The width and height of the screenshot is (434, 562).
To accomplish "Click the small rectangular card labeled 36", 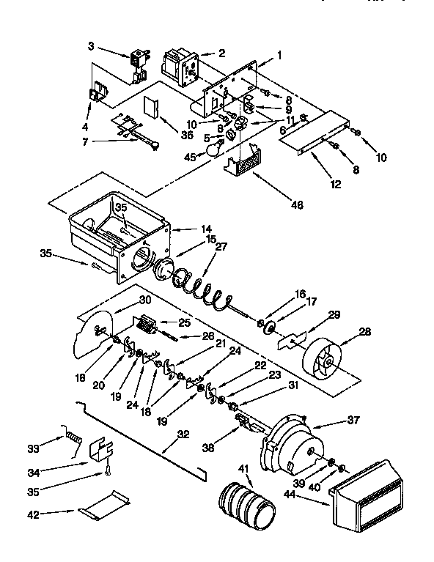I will pyautogui.click(x=151, y=106).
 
